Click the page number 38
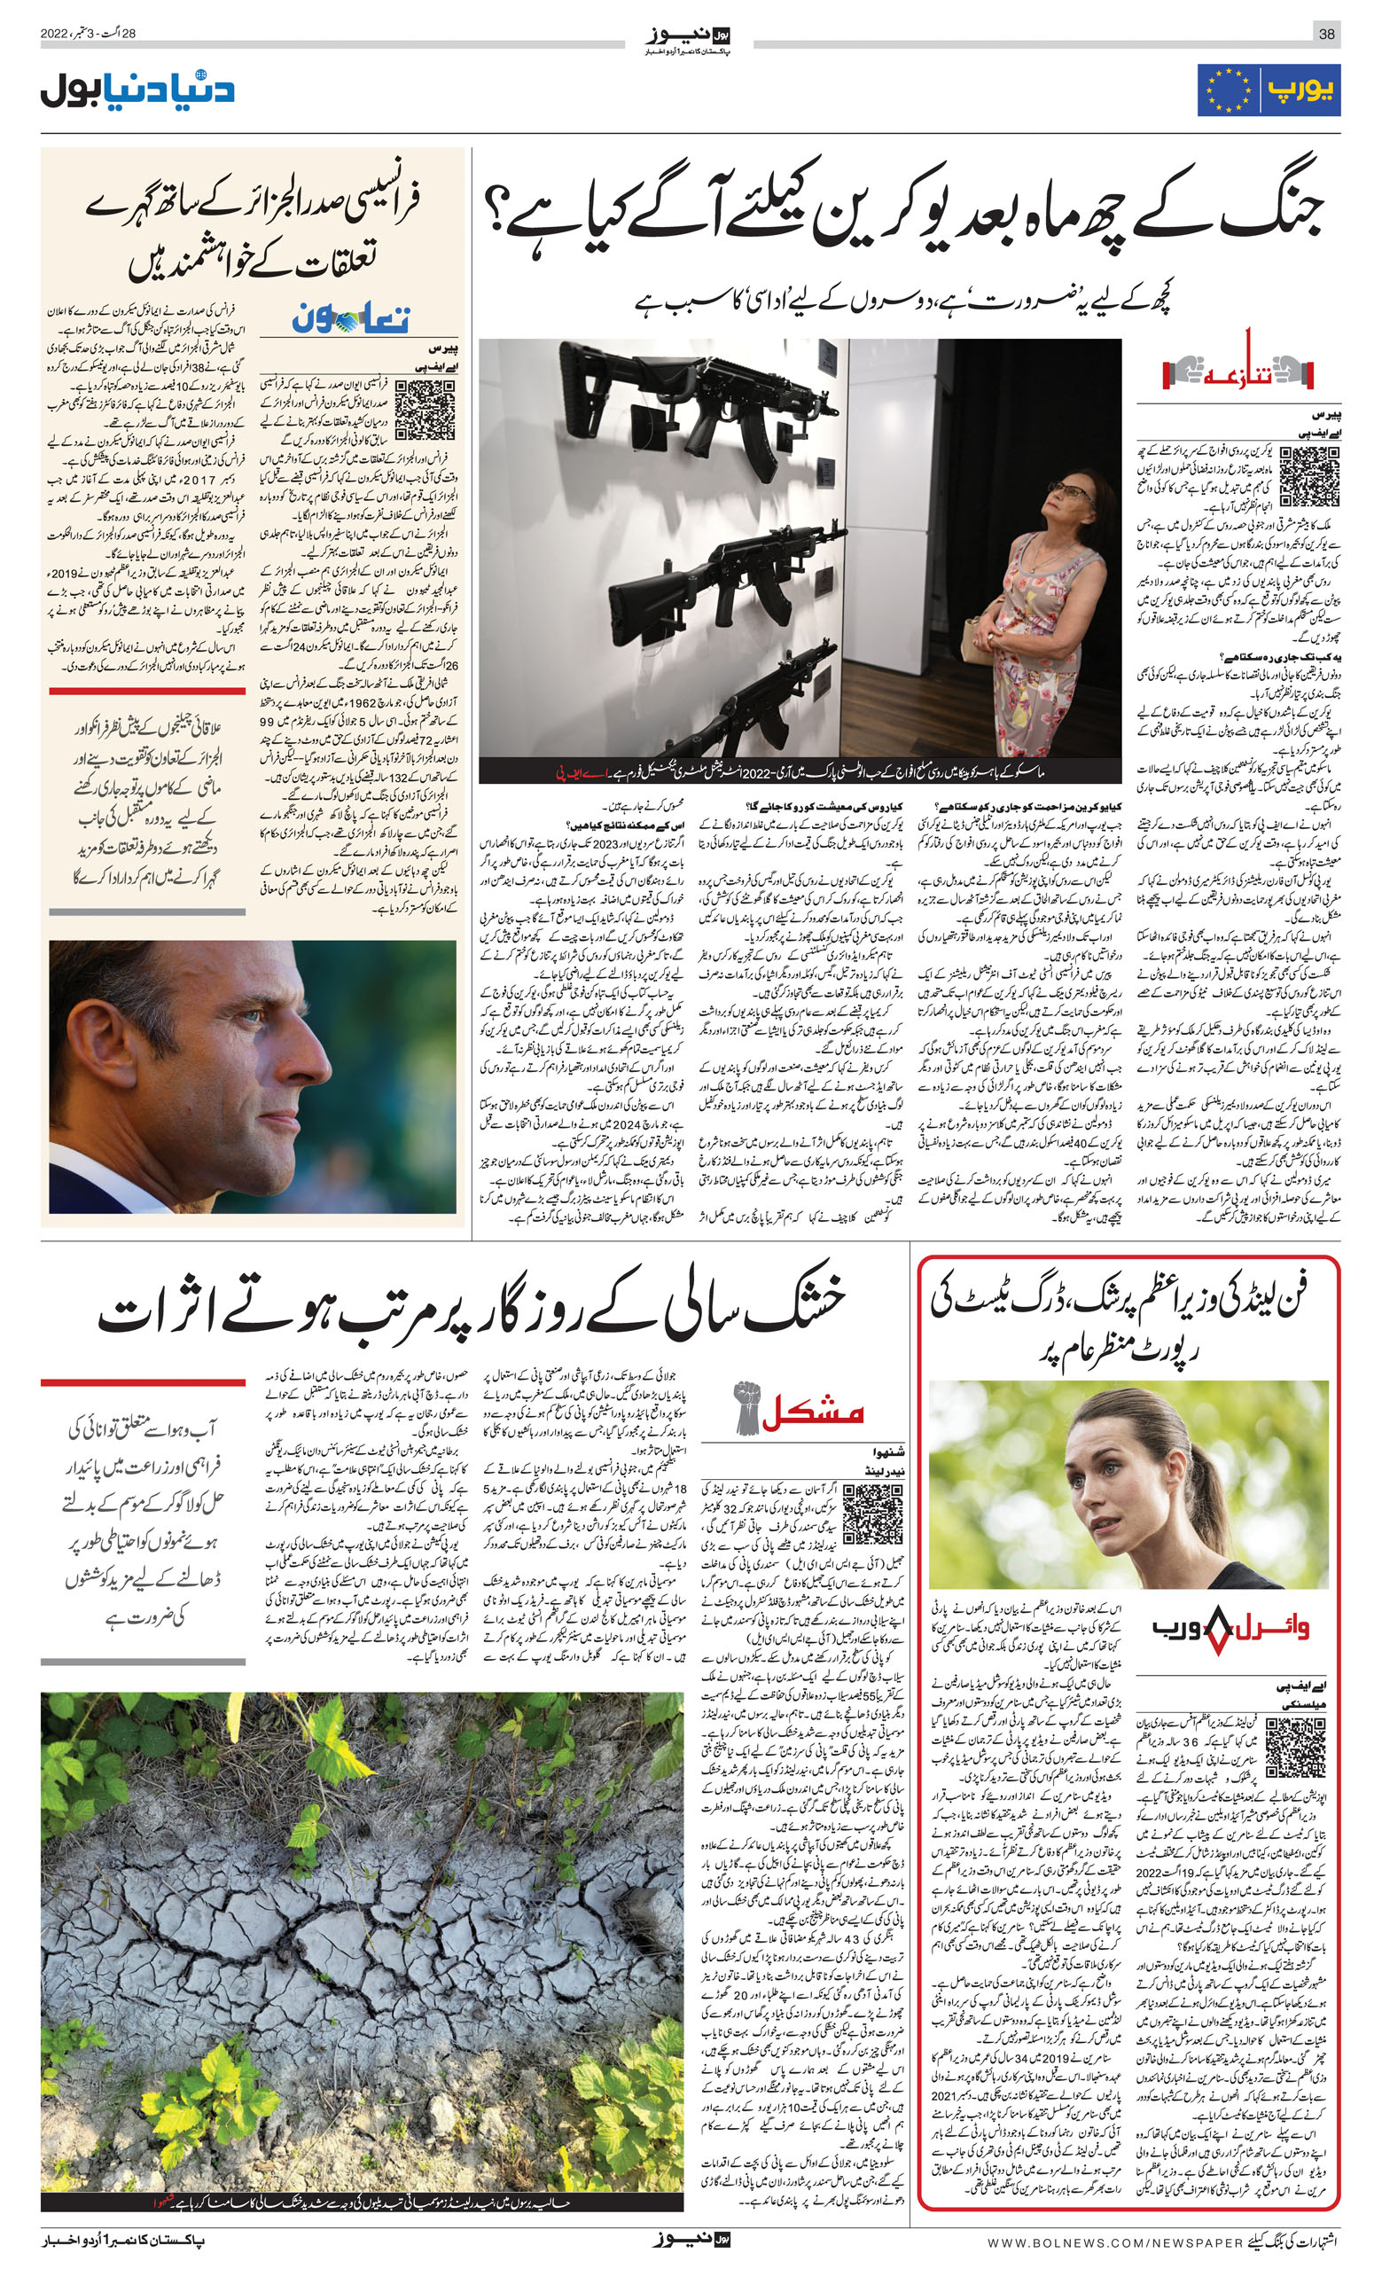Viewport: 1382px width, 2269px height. tap(1327, 35)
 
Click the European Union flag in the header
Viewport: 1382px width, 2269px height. tap(1225, 90)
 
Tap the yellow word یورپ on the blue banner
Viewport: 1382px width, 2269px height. tap(1300, 90)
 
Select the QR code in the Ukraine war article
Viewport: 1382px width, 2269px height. tap(1308, 476)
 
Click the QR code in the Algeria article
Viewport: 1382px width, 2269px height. tap(425, 411)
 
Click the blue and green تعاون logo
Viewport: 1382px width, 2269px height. tap(351, 319)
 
